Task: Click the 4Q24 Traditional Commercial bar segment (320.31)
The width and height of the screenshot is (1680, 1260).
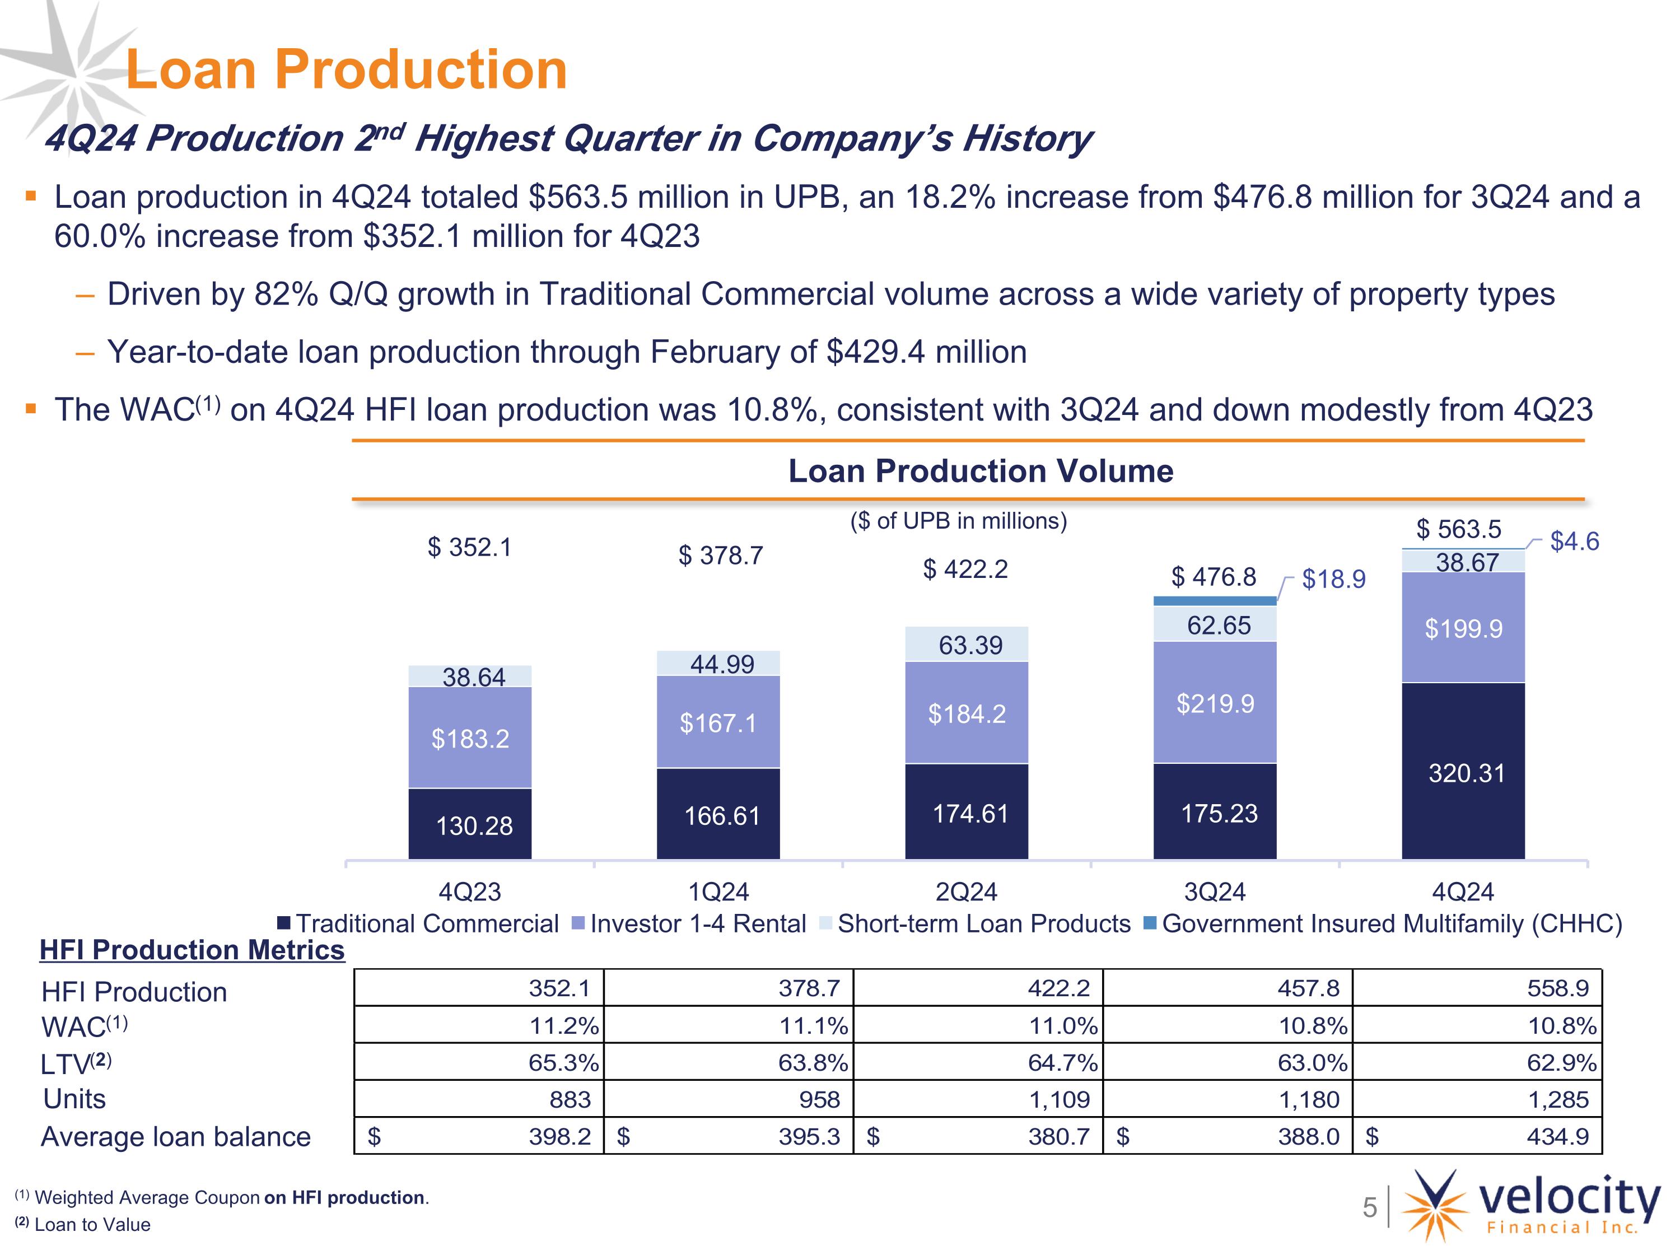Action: coord(1463,771)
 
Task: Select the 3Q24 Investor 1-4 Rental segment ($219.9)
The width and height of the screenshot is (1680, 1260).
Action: coord(1215,703)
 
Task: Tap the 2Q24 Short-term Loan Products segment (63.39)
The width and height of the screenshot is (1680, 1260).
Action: coord(966,644)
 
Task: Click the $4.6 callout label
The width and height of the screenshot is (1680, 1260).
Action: coord(1574,541)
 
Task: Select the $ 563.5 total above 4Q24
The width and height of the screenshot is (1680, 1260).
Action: coord(1458,529)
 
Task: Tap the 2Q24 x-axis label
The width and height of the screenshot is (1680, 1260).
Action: coord(966,891)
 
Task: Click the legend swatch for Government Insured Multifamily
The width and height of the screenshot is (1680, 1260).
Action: coord(1150,923)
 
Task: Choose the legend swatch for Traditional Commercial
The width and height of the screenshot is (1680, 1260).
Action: coord(283,923)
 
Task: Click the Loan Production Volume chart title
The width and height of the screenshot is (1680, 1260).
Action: coord(981,471)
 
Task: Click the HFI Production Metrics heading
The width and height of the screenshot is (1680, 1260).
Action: coord(192,949)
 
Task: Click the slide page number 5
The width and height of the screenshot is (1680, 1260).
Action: coord(1369,1207)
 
